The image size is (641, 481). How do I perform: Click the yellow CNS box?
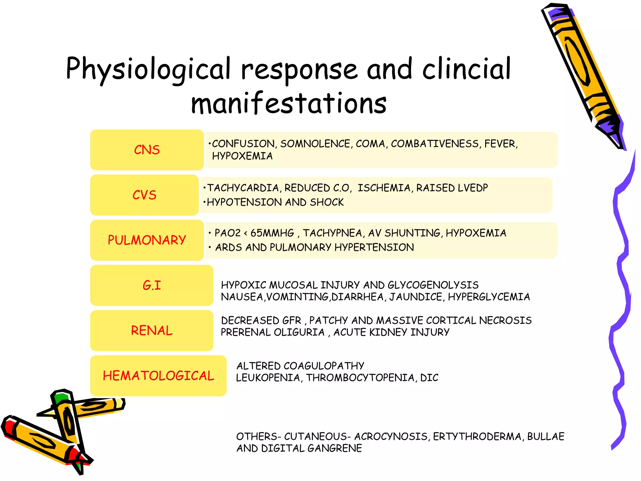(147, 150)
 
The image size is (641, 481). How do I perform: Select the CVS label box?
(144, 195)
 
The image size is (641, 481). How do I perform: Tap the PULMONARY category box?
(147, 240)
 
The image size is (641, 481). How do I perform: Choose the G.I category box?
(152, 285)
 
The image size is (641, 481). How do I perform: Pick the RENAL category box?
(152, 330)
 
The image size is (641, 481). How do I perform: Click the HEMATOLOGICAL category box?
(158, 375)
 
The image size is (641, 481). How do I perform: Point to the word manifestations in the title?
(289, 103)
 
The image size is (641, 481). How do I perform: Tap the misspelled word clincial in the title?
(466, 69)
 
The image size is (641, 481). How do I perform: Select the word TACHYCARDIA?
(244, 188)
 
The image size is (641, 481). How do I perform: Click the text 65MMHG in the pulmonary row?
(272, 233)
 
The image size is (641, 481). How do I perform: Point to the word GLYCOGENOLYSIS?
(433, 285)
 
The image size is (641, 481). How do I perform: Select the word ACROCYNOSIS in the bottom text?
(391, 436)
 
